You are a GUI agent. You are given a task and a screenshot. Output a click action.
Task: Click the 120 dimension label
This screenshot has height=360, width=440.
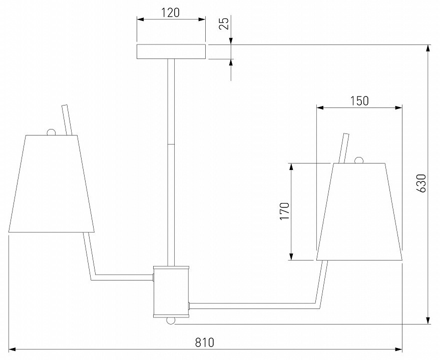(x=171, y=12)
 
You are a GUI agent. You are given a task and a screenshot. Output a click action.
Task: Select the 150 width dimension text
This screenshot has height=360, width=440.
(x=359, y=100)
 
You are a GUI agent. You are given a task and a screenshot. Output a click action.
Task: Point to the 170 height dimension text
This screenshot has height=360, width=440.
(x=284, y=211)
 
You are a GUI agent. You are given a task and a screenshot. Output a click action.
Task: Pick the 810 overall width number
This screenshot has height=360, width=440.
(x=204, y=342)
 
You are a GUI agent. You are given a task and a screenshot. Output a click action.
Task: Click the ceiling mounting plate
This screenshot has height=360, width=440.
(x=171, y=51)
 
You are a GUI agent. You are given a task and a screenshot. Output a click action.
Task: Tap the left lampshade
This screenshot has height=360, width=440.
(x=52, y=183)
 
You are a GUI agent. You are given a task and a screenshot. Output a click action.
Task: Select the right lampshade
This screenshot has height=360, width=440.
(x=359, y=211)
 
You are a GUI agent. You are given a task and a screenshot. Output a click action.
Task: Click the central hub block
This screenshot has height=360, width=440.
(x=171, y=291)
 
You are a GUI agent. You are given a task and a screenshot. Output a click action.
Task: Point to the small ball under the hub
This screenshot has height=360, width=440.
(x=171, y=320)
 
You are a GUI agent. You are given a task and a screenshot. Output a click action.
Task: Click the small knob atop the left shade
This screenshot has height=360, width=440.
(x=51, y=132)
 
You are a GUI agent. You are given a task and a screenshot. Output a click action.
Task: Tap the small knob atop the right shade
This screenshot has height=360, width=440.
(x=358, y=160)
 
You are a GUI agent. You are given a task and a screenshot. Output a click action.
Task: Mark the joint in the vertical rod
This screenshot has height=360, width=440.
(x=171, y=144)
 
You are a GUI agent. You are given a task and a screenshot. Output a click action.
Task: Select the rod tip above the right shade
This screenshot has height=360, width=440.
(x=345, y=135)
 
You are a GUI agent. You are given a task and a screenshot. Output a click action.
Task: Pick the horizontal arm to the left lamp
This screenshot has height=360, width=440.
(x=123, y=276)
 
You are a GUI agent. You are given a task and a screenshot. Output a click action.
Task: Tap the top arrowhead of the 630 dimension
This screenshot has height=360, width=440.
(x=428, y=48)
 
